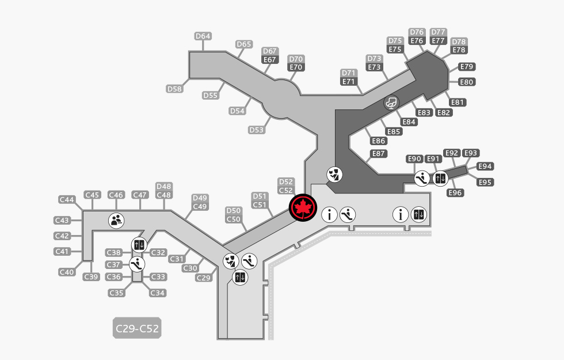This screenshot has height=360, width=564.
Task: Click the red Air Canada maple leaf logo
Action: (x=303, y=208)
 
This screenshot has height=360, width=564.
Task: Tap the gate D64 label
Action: (x=203, y=36)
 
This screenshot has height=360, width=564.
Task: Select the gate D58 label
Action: (x=174, y=89)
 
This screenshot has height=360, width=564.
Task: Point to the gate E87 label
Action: (x=379, y=154)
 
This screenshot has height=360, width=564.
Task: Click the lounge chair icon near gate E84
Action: (x=391, y=103)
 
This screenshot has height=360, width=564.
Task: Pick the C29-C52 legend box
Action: (x=137, y=328)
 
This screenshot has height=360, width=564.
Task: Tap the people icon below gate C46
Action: (x=116, y=220)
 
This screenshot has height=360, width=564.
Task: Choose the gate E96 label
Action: (x=455, y=192)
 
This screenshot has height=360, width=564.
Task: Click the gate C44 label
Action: (x=67, y=199)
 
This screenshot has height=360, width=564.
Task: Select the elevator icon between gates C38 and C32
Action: (x=139, y=245)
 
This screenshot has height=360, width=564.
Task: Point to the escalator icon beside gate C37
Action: (x=137, y=264)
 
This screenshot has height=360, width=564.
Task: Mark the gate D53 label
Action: (x=257, y=130)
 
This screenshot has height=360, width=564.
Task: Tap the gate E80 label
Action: (x=467, y=82)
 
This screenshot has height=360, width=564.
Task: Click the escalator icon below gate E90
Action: (x=421, y=178)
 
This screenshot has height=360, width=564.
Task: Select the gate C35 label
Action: (x=116, y=293)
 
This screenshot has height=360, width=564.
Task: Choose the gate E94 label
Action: (x=485, y=166)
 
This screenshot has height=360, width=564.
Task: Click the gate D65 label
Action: (x=244, y=44)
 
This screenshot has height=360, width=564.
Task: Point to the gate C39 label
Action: (x=91, y=277)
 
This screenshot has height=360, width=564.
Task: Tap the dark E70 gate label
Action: (x=296, y=67)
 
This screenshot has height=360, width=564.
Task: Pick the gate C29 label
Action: (x=204, y=278)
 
